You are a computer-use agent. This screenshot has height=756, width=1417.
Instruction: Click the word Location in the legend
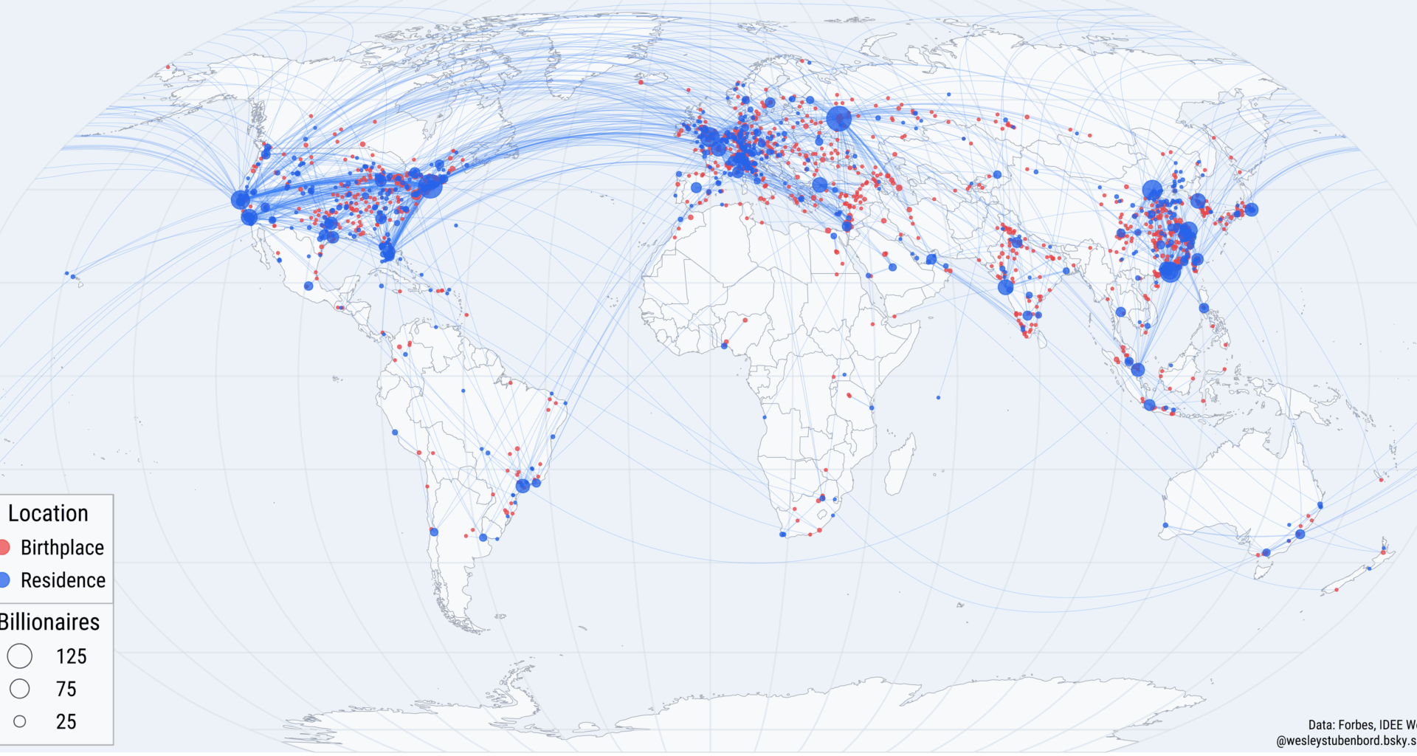point(48,513)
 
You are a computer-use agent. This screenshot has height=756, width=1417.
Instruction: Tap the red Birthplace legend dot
point(3,547)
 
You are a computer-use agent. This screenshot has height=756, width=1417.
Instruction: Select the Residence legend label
point(63,580)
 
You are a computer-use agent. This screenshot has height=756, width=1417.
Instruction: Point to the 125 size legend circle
point(20,656)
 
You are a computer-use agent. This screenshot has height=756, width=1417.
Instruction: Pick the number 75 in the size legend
point(66,689)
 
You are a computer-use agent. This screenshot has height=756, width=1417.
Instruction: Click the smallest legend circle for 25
point(20,721)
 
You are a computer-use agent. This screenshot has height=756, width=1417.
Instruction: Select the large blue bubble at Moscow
point(838,118)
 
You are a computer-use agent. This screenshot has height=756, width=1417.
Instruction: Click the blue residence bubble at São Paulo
point(523,485)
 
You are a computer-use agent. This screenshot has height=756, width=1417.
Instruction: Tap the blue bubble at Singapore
point(1138,369)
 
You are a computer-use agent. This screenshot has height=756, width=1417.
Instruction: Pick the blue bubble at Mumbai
point(1005,287)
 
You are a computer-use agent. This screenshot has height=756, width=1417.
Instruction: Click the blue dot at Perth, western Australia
point(1165,525)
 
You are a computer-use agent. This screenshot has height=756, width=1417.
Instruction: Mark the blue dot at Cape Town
point(783,534)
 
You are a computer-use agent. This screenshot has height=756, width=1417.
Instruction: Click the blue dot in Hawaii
point(73,277)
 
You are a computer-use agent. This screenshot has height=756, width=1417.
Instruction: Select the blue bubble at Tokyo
point(1251,210)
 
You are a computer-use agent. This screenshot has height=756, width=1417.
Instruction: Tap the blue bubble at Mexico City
point(308,286)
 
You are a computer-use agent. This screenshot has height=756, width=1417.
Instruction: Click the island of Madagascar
point(900,464)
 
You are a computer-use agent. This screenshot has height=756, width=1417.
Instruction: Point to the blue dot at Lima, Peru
point(395,432)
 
